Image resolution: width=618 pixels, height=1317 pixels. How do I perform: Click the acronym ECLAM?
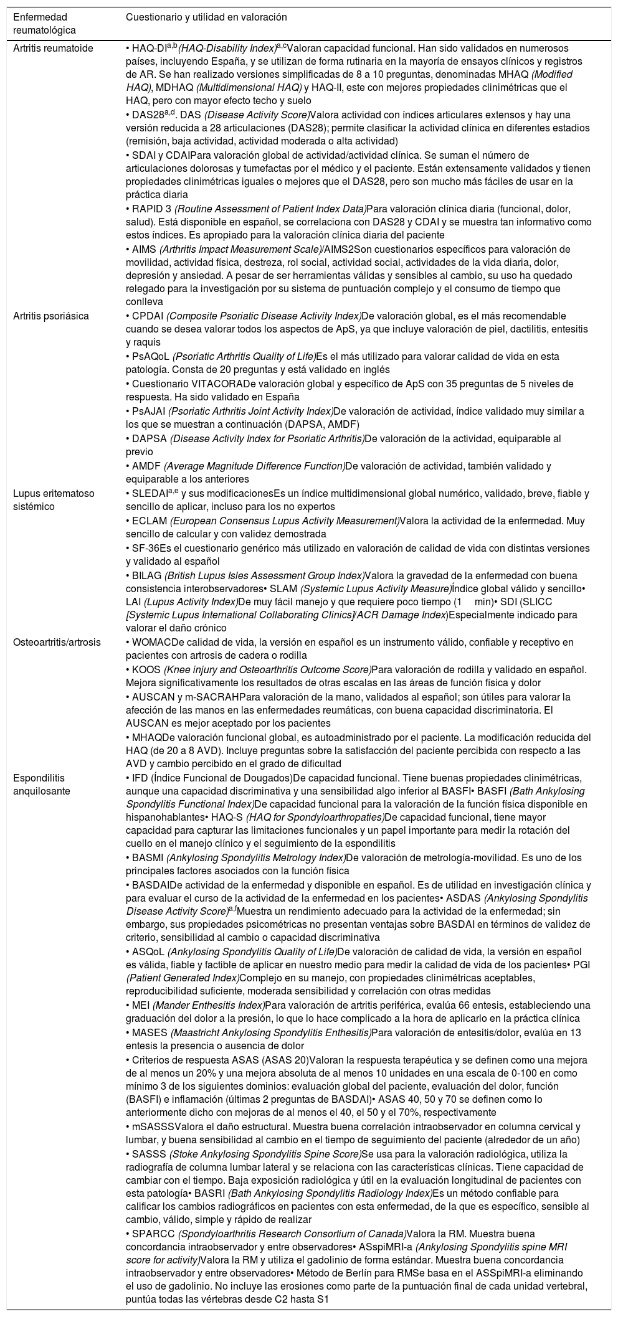click(148, 521)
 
